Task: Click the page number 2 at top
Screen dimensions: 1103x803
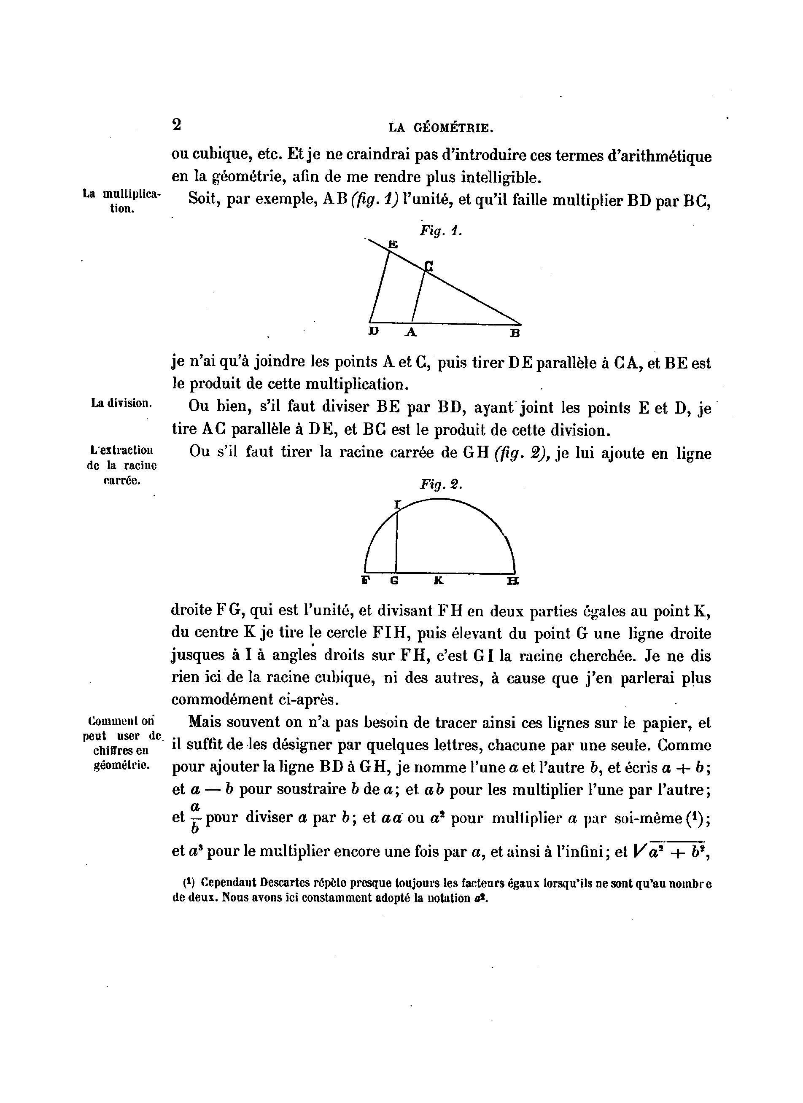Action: (177, 124)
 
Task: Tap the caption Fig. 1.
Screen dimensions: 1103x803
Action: (441, 231)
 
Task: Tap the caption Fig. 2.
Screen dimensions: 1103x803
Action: (441, 484)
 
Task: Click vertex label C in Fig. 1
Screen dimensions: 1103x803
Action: (428, 266)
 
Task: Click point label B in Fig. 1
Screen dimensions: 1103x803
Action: (515, 333)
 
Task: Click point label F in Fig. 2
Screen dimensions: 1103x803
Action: (366, 580)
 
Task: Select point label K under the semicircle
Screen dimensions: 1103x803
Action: (438, 580)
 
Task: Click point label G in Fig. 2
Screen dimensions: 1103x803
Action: (394, 580)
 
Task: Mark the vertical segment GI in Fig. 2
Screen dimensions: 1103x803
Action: (396, 540)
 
